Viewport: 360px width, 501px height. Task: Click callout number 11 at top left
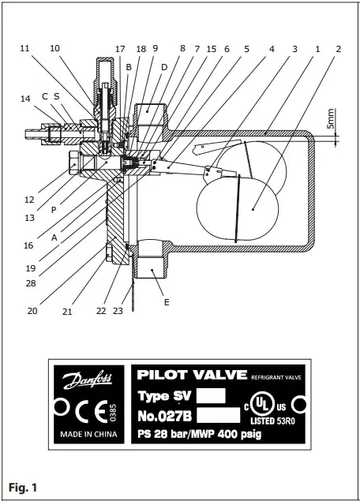[x=25, y=48]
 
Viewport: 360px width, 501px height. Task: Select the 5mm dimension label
[x=332, y=119]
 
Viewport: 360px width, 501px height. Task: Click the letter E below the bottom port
[x=166, y=301]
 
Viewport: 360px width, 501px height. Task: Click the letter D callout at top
[x=164, y=67]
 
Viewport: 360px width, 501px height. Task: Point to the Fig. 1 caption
[x=23, y=487]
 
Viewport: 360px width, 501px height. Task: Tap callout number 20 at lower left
[x=32, y=311]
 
